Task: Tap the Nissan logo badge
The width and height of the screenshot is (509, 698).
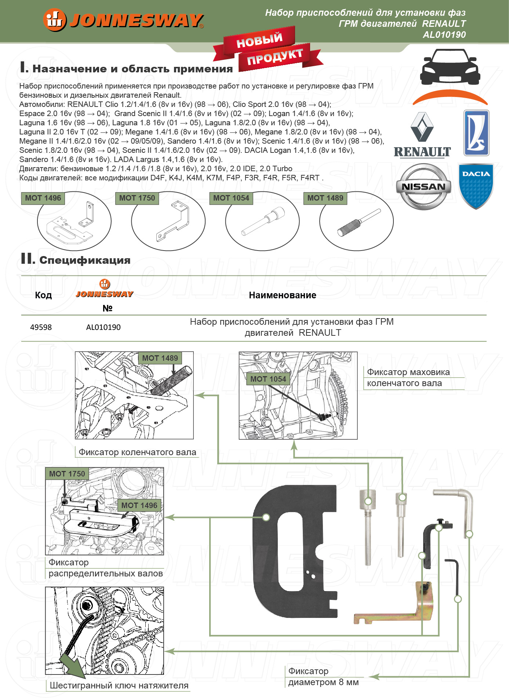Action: [423, 187]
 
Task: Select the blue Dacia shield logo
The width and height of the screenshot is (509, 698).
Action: [476, 186]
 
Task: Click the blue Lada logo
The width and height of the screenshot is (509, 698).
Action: [476, 133]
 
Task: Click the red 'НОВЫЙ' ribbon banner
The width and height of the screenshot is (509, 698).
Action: [259, 40]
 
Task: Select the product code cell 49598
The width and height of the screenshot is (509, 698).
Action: [41, 327]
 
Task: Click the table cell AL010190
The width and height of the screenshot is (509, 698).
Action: [103, 327]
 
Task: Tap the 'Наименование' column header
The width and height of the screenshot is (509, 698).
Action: [282, 295]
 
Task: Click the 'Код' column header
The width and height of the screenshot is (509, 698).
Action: [43, 295]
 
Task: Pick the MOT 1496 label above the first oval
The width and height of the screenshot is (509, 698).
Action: [43, 198]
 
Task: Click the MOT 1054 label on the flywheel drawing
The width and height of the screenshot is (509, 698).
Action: [268, 379]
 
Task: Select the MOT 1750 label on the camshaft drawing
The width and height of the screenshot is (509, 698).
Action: [67, 474]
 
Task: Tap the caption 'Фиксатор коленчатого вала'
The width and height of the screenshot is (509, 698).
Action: [137, 452]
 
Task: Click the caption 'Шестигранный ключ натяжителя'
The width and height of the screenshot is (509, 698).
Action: [119, 686]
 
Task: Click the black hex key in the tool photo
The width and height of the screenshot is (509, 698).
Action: [455, 575]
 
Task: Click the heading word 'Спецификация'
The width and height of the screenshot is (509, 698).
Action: [85, 260]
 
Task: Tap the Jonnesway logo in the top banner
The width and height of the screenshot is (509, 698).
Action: [123, 20]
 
